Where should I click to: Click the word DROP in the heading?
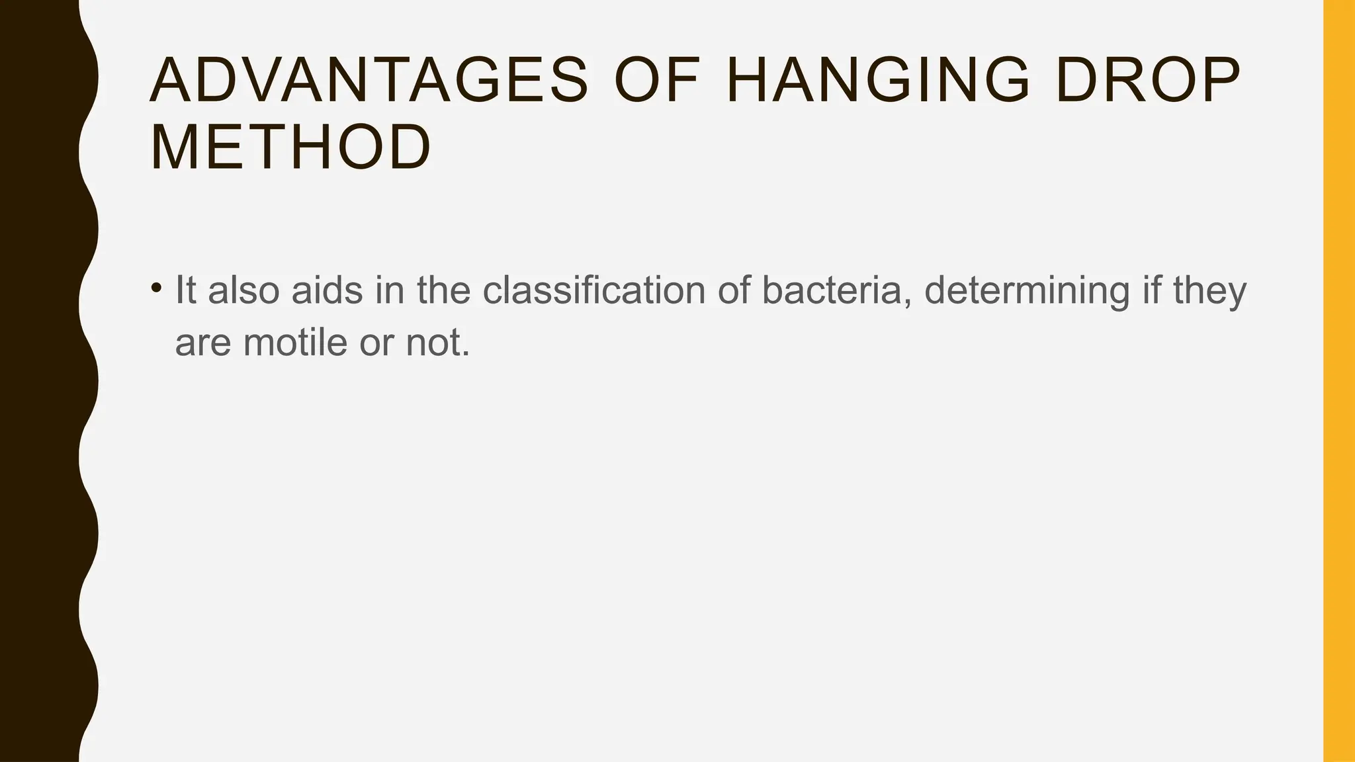1148,81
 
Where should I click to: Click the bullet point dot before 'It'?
156,288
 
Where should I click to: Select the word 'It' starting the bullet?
185,290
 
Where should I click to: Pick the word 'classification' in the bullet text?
593,290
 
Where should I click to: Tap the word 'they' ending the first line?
1209,290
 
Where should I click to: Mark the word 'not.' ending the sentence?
437,343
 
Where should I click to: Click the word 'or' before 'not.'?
376,343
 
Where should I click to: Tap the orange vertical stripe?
1338,381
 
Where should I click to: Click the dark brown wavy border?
40,381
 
